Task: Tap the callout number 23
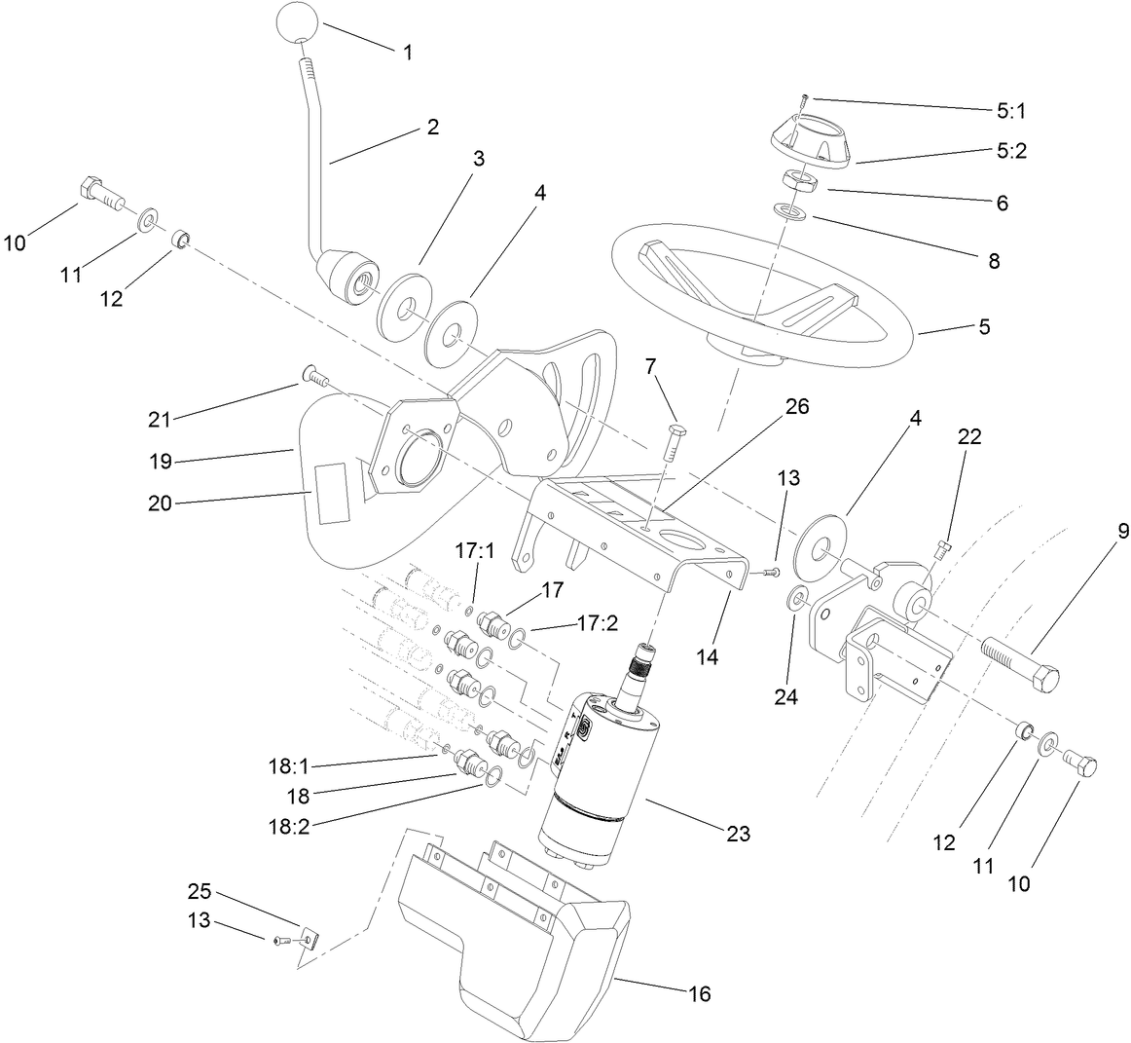[x=738, y=834]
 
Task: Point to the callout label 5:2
[x=1009, y=152]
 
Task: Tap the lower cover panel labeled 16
[x=506, y=935]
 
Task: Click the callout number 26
[x=796, y=405]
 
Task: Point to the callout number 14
[x=707, y=656]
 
